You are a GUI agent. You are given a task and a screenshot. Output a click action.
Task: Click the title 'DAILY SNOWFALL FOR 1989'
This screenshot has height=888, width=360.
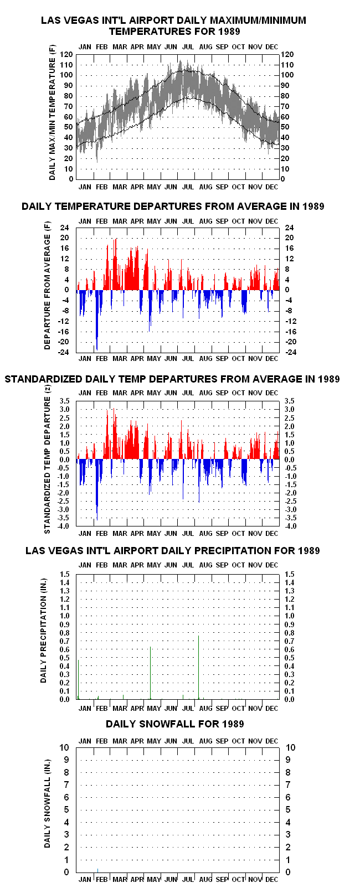click(x=175, y=724)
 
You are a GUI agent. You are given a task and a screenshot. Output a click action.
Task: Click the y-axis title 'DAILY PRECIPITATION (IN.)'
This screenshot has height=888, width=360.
click(x=44, y=631)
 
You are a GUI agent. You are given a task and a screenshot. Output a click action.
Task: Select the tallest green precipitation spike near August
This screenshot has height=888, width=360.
click(x=199, y=668)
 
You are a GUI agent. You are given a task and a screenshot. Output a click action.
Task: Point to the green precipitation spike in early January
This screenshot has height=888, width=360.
click(x=79, y=679)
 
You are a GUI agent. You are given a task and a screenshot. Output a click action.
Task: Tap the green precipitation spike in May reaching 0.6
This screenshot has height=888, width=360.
click(x=151, y=673)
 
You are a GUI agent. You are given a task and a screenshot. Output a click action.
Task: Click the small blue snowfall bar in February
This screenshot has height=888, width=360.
click(x=98, y=870)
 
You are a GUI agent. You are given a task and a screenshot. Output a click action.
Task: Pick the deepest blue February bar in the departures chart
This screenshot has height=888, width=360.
click(x=97, y=320)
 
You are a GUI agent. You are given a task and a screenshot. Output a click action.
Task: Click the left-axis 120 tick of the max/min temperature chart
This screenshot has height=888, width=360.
click(x=66, y=54)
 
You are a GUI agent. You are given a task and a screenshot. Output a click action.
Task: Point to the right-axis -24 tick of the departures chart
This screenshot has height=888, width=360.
click(x=291, y=352)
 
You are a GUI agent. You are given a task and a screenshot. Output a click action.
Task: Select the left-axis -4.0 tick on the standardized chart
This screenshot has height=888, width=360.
click(x=64, y=526)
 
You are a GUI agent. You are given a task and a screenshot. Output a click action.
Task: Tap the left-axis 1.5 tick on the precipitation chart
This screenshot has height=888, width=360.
click(x=65, y=574)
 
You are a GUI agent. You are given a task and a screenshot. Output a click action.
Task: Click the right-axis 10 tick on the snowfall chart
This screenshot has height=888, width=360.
click(x=291, y=747)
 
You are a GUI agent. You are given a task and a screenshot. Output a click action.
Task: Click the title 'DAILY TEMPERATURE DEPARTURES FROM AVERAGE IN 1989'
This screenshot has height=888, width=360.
click(x=173, y=206)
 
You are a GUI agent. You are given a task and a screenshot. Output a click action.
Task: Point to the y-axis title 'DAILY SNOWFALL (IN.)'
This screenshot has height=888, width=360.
click(x=48, y=803)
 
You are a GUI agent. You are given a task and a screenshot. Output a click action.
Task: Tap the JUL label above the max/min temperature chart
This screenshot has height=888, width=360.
click(x=188, y=47)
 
